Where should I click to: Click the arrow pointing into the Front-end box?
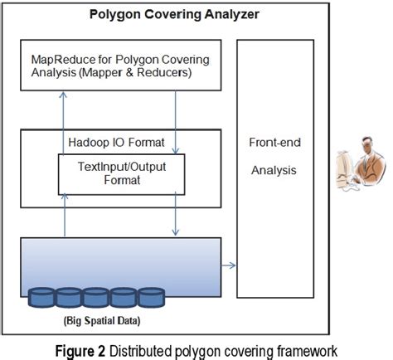[x=230, y=265]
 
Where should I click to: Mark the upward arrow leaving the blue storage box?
[x=63, y=219]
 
